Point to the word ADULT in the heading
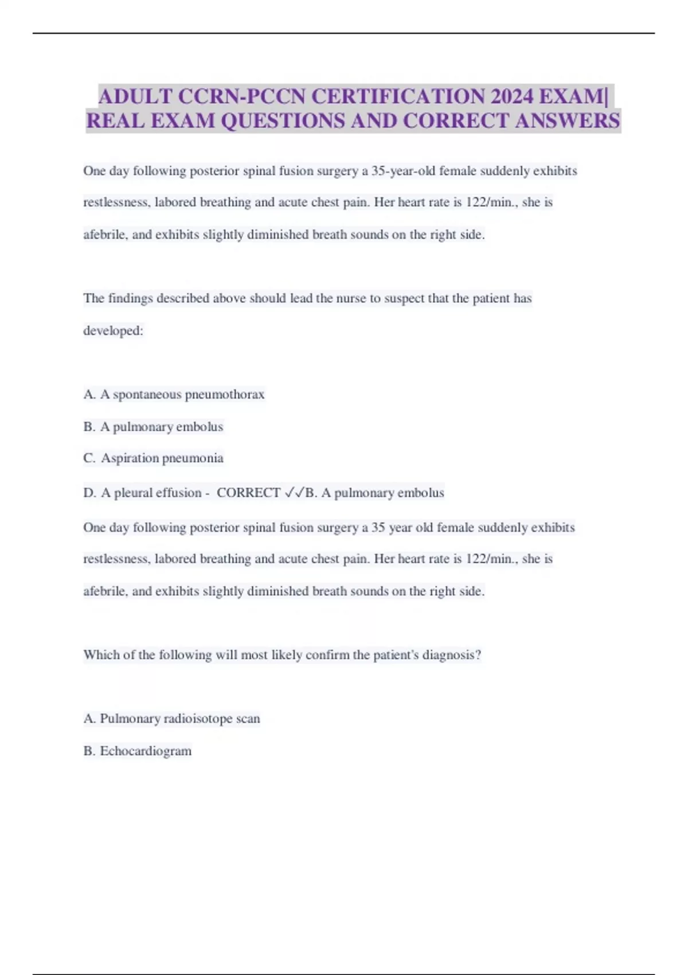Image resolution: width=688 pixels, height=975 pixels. pos(135,96)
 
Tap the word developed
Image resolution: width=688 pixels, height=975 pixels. pos(112,330)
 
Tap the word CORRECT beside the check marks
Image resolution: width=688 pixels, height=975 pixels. pos(249,493)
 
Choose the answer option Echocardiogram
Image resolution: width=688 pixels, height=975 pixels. pos(146,751)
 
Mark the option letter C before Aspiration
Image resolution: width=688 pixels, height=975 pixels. pos(89,458)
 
